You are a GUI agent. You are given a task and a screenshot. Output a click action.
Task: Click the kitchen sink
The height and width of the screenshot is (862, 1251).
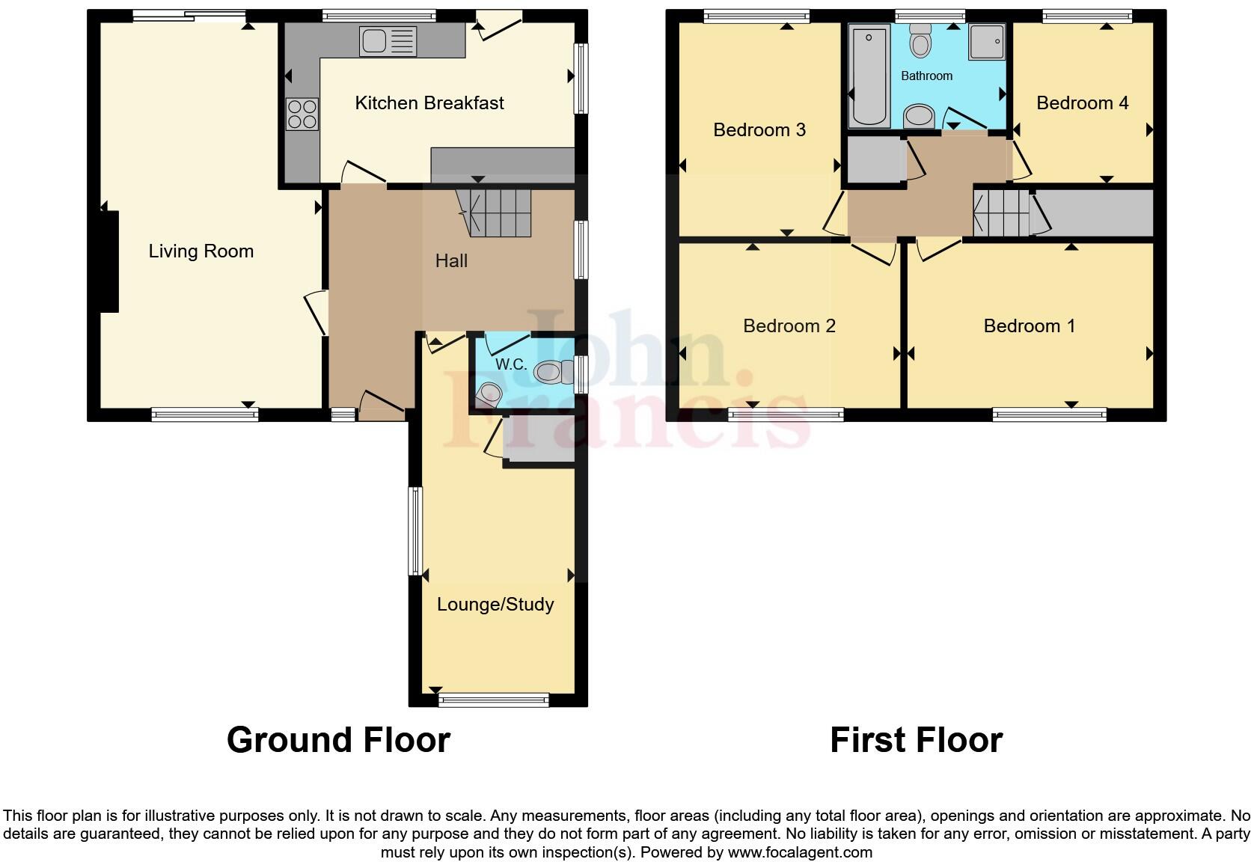tap(388, 41)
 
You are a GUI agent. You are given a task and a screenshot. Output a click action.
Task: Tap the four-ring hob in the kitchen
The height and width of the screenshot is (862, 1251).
tap(302, 114)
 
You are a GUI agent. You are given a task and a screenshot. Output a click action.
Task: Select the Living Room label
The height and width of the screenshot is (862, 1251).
tap(201, 251)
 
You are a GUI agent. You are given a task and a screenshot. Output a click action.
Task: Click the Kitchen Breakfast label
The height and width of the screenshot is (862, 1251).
tap(429, 103)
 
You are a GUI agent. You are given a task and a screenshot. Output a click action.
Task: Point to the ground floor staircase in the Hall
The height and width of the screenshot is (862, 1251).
tap(494, 212)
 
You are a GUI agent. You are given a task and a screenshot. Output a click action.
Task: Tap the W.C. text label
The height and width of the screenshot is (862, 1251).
tap(511, 364)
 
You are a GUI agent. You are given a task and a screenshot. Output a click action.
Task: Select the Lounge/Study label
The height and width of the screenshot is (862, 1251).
tap(495, 605)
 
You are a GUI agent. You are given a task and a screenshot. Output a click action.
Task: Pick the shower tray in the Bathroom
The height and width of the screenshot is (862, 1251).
tap(987, 41)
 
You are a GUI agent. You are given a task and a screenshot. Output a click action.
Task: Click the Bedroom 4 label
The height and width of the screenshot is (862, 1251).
tap(1082, 103)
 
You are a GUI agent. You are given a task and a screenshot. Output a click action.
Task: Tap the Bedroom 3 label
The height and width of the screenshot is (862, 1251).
tap(759, 130)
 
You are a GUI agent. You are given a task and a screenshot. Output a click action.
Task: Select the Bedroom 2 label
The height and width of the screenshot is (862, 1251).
tap(789, 326)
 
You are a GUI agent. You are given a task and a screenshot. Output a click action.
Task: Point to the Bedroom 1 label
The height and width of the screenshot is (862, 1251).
tap(1029, 326)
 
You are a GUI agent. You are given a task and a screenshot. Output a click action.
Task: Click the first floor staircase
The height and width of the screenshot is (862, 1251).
tap(1000, 213)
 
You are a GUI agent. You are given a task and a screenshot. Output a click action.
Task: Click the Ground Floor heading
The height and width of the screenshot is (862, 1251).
tap(338, 740)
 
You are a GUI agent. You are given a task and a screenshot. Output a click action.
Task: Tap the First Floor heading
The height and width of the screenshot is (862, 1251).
tap(916, 740)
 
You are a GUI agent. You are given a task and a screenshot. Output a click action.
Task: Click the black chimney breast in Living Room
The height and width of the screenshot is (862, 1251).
tap(109, 261)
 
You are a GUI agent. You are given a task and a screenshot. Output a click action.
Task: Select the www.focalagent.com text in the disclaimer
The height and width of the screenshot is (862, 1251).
tap(799, 852)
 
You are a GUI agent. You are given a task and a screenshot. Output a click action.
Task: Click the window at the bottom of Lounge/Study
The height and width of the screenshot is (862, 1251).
tap(494, 700)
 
